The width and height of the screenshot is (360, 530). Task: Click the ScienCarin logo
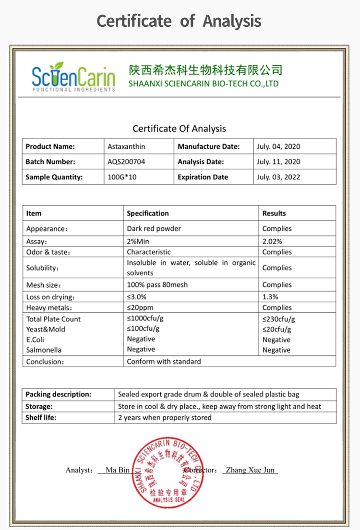73,77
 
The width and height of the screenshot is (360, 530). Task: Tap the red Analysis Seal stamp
165,472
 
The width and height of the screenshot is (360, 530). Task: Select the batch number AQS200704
126,162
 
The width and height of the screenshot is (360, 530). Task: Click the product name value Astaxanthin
126,146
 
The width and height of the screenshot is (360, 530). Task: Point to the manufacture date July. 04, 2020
278,146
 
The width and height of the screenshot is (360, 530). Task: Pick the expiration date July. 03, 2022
278,177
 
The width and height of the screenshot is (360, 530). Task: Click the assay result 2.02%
272,241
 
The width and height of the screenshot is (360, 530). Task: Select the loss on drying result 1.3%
270,297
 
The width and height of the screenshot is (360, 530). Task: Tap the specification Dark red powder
154,228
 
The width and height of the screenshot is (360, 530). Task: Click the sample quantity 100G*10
122,177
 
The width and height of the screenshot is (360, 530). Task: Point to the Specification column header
148,213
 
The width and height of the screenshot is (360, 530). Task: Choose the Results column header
274,213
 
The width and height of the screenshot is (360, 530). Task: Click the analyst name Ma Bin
118,470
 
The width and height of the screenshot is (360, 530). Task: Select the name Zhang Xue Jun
250,470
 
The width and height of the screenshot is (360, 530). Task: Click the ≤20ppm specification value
140,307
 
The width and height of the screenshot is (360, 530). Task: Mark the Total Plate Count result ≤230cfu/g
278,319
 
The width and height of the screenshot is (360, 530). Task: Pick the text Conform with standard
164,361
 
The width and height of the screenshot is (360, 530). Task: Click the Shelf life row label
41,417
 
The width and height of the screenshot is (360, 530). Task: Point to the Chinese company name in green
205,70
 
